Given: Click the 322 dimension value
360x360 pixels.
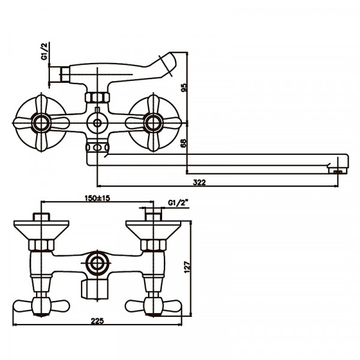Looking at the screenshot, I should (200, 182).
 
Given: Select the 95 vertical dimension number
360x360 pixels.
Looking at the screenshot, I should (184, 88).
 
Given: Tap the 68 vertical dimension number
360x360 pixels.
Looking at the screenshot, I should (184, 143).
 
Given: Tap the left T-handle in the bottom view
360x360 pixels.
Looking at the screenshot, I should (41, 305).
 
